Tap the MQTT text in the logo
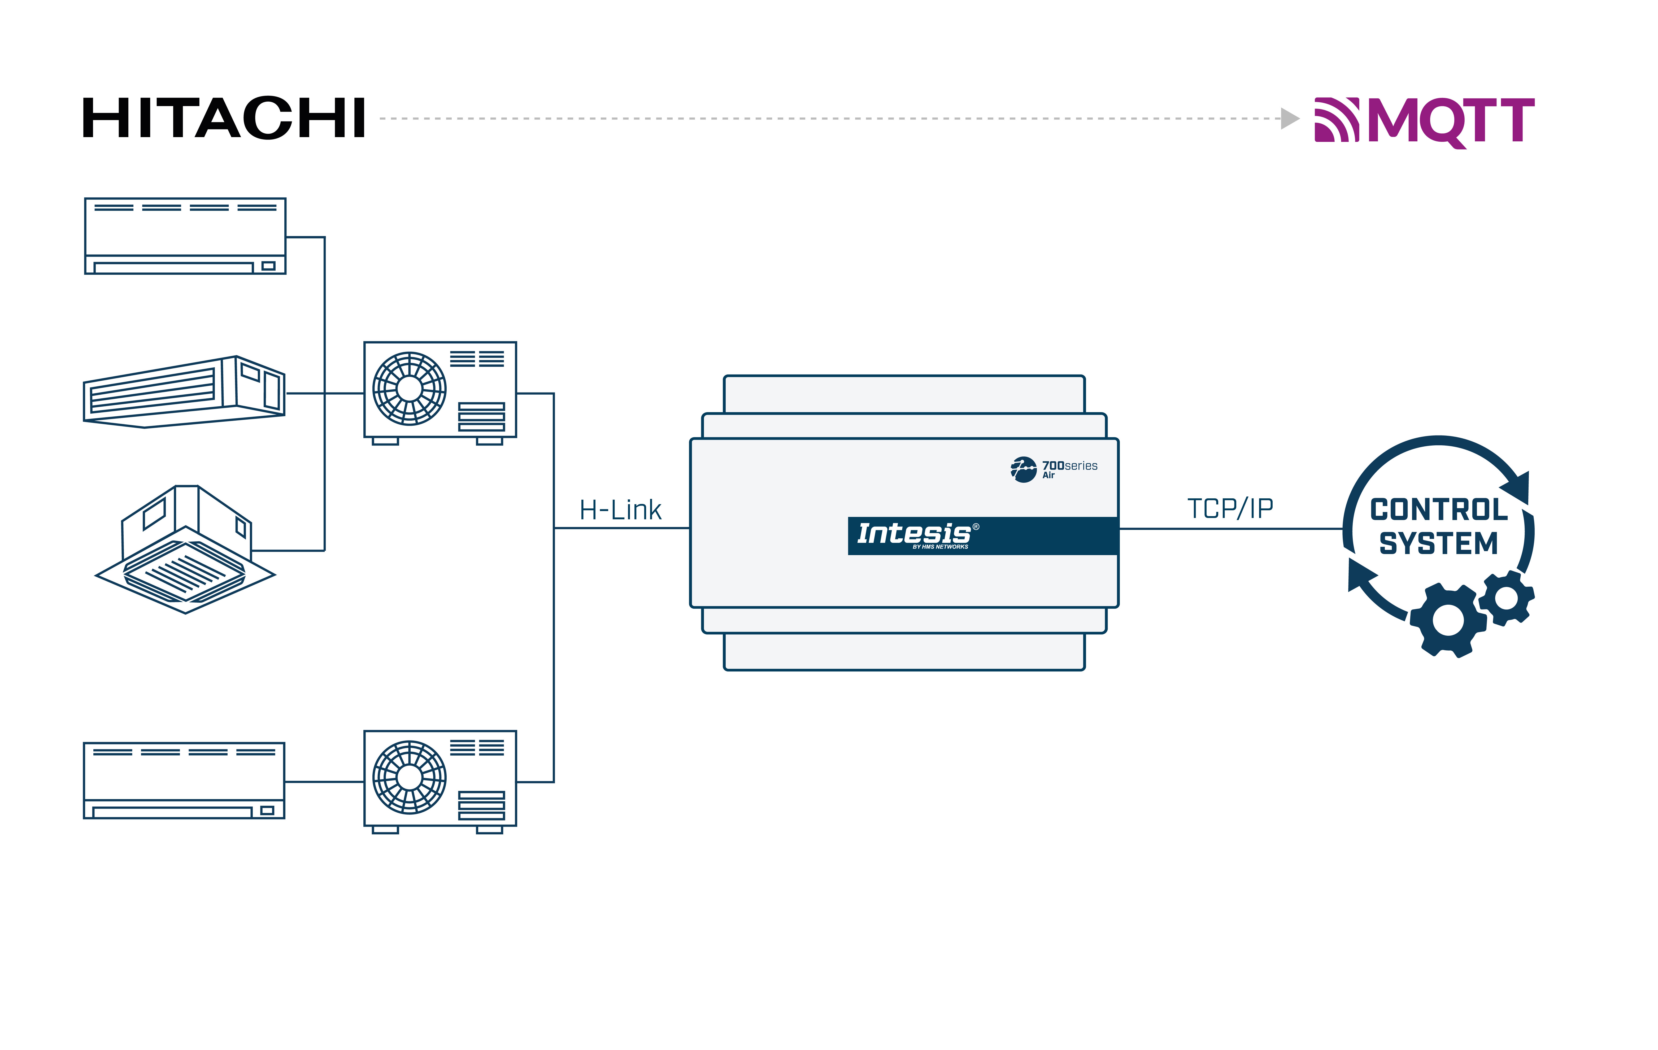point(1451,120)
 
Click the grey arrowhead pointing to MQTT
point(1289,119)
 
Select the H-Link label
point(620,510)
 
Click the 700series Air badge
point(1069,469)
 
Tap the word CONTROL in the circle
point(1439,510)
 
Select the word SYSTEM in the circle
point(1439,543)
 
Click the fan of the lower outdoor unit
point(410,777)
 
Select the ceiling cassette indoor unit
point(185,551)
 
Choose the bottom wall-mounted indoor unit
point(184,780)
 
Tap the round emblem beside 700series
point(1023,470)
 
